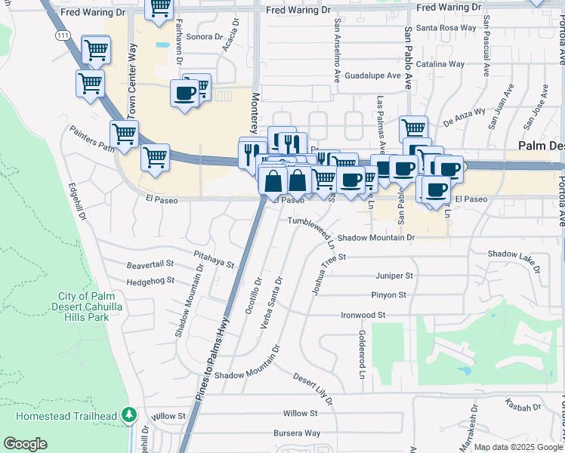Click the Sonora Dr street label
click(204, 36)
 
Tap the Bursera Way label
click(297, 433)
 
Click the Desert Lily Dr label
click(313, 387)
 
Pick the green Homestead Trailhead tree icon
click(130, 415)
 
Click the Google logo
click(25, 444)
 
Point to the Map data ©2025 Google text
click(517, 447)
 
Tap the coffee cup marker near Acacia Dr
click(185, 94)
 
